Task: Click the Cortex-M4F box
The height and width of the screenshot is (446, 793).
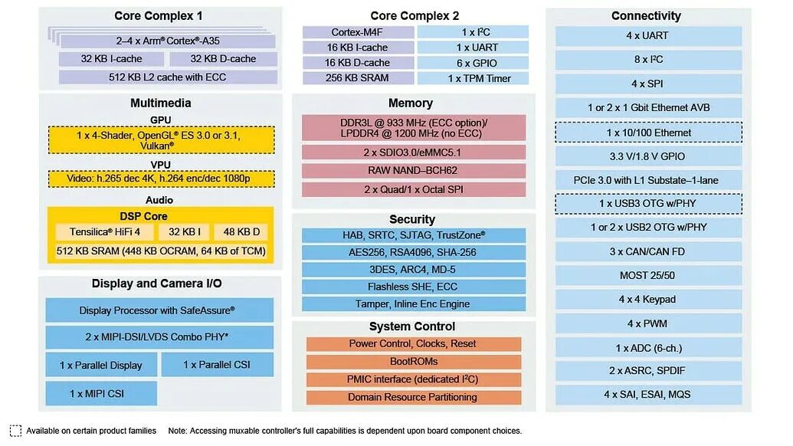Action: coord(357,32)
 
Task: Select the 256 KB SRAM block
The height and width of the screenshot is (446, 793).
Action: coord(357,78)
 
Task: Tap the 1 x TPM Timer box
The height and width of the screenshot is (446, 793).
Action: coord(473,78)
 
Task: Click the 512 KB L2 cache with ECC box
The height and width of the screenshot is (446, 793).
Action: coord(168,77)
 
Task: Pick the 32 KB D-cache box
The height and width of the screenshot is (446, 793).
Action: coord(223,59)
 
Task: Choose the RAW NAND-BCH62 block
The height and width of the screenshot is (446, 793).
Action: coord(413,171)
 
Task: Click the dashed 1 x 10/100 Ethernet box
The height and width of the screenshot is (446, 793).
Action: coord(648,133)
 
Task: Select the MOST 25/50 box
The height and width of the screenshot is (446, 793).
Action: coord(648,275)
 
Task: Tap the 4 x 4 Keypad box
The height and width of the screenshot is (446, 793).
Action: coord(648,300)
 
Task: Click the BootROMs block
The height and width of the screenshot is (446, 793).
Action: coord(413,362)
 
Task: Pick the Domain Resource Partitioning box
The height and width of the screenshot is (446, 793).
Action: coord(413,397)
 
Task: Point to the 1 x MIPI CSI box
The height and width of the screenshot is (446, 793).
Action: coord(101,393)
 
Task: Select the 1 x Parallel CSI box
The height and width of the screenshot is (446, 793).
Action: coord(217,365)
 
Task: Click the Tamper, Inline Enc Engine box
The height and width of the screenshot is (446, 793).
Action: coord(413,304)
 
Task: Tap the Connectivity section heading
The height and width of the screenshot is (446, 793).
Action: coord(646,16)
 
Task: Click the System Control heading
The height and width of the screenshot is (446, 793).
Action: coord(412,326)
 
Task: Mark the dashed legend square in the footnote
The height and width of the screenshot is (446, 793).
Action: coord(15,431)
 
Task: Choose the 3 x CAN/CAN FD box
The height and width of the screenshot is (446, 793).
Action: coord(648,251)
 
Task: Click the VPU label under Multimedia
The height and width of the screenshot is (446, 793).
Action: coord(161,165)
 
